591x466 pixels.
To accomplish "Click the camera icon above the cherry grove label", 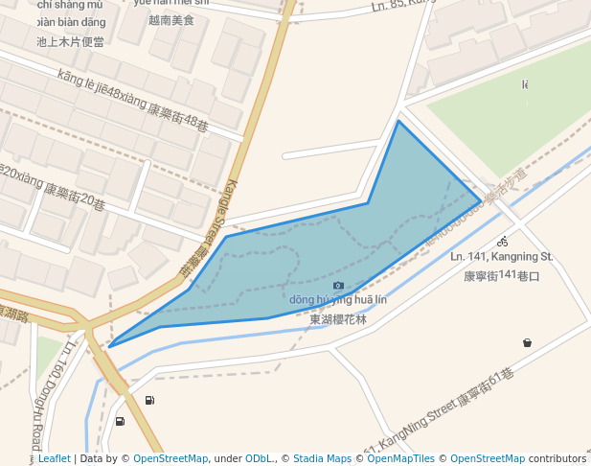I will point(338,286).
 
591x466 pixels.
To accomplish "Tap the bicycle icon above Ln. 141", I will point(502,242).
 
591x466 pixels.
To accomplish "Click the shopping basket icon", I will point(527,342).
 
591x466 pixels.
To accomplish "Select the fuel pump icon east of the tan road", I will point(149,400).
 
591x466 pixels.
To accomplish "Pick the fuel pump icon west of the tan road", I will point(120,421).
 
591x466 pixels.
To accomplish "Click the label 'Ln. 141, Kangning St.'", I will point(502,257).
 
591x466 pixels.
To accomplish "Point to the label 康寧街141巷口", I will point(502,276).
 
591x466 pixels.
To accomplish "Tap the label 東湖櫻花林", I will point(338,319).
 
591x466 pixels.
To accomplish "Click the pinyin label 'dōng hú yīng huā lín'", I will point(338,301).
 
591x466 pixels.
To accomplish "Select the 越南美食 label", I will point(171,19).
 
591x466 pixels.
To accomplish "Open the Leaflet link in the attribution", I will point(54,459).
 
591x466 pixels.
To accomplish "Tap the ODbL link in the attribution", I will point(260,459).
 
